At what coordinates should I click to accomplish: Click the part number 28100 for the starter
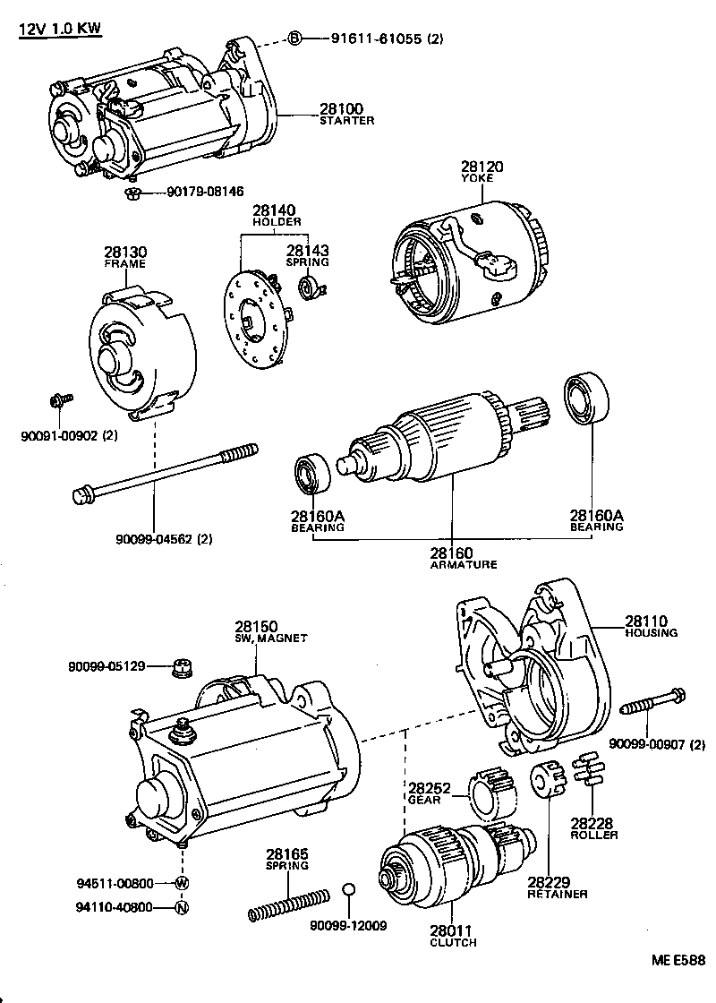point(341,109)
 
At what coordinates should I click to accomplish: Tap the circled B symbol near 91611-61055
point(294,38)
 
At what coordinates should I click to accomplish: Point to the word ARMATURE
point(464,565)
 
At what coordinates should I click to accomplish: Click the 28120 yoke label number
point(482,167)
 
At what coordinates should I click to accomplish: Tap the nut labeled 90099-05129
point(183,668)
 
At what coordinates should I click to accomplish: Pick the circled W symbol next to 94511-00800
point(182,883)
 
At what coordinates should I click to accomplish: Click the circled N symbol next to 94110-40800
point(182,907)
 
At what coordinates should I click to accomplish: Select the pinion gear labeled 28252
point(493,788)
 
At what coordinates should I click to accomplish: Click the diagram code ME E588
point(678,961)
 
